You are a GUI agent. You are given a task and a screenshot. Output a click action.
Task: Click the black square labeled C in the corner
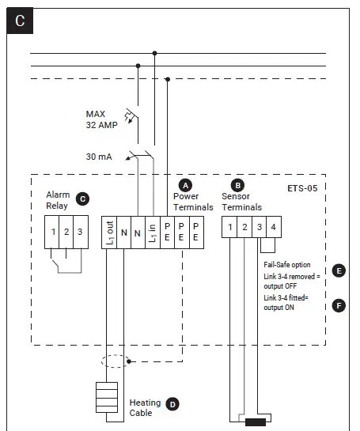click(x=20, y=21)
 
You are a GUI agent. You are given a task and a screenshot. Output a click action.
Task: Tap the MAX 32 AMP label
click(x=102, y=119)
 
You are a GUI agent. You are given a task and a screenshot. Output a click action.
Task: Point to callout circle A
click(x=187, y=183)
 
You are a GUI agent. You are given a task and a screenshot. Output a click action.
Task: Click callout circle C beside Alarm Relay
click(x=83, y=200)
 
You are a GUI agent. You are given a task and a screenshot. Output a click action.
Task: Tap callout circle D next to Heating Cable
click(x=172, y=403)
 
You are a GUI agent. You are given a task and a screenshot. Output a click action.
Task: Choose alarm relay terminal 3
click(x=79, y=231)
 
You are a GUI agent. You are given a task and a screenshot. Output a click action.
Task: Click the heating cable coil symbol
click(x=106, y=399)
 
